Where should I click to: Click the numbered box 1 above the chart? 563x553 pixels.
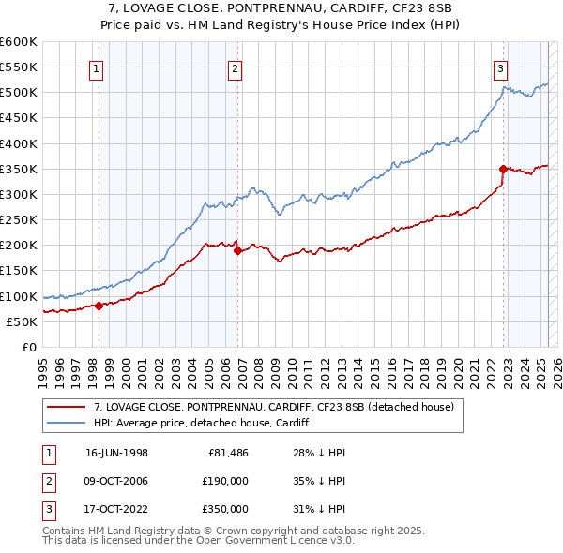(99, 67)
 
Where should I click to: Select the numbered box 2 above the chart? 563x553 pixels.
(235, 67)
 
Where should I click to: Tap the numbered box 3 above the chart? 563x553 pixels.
(501, 67)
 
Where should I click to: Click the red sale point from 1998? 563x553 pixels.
(99, 305)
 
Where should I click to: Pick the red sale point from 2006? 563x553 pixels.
(237, 250)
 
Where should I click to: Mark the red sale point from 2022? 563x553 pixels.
(503, 169)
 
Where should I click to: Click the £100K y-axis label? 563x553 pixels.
(19, 296)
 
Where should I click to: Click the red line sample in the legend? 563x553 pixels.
(66, 407)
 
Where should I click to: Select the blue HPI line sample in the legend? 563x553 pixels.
(66, 423)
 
